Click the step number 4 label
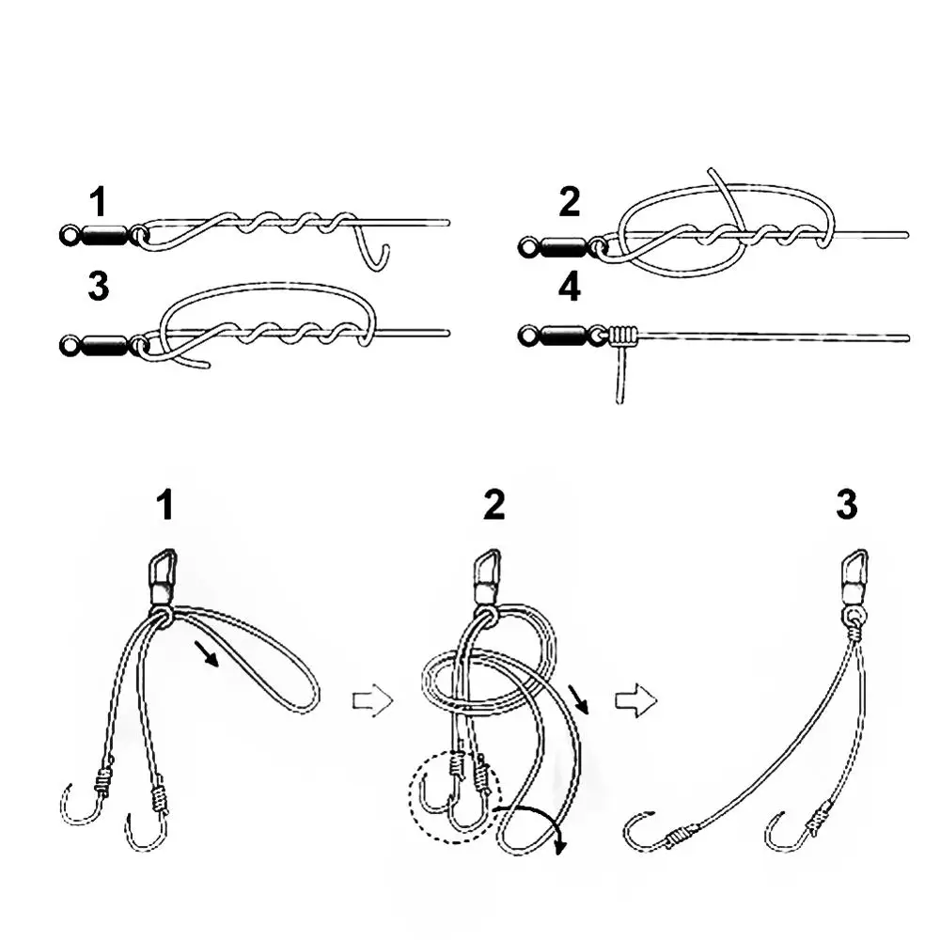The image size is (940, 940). point(570,288)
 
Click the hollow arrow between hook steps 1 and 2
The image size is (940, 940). point(370,701)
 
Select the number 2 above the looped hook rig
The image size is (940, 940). point(493,506)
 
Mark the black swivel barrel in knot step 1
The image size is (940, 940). point(102,234)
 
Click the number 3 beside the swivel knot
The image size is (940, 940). point(99,288)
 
